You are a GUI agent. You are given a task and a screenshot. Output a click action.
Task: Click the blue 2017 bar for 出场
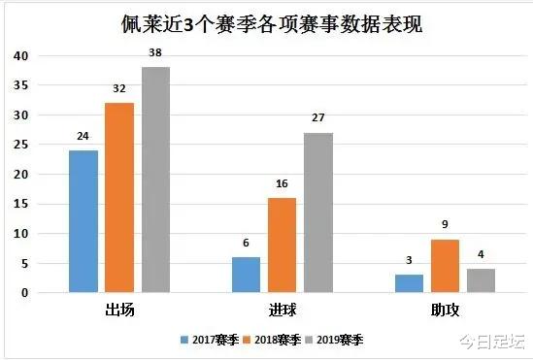click(x=83, y=221)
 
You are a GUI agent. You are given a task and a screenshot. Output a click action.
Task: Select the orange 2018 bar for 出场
click(x=119, y=198)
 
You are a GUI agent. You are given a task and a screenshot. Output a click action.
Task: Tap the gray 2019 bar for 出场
click(x=155, y=180)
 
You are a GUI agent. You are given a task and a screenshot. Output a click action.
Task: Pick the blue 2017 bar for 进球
click(x=247, y=275)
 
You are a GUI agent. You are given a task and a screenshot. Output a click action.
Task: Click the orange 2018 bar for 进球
click(x=283, y=245)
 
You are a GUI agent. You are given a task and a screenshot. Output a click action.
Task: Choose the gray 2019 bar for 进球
click(x=318, y=213)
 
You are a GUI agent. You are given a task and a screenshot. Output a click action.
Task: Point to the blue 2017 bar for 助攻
click(x=410, y=283)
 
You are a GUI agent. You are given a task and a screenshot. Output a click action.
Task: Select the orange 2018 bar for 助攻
click(x=446, y=266)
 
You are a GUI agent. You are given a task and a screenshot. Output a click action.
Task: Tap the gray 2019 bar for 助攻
click(x=482, y=280)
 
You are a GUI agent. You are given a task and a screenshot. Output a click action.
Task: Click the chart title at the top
click(x=264, y=21)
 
